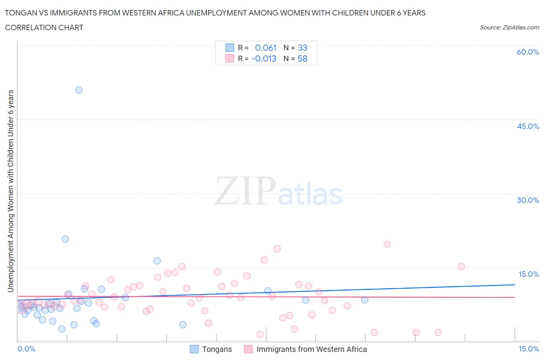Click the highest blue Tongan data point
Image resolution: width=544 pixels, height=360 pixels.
pyautogui.click(x=79, y=90)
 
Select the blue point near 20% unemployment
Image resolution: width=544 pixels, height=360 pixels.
pyautogui.click(x=65, y=239)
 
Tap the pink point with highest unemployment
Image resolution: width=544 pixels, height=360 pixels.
pyautogui.click(x=387, y=244)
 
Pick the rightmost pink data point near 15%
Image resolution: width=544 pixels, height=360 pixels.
pyautogui.click(x=461, y=266)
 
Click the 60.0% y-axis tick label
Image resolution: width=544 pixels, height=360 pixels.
pyautogui.click(x=528, y=52)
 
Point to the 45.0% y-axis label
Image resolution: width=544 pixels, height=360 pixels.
pyautogui.click(x=528, y=126)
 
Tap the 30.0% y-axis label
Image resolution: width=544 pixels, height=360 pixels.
pyautogui.click(x=528, y=200)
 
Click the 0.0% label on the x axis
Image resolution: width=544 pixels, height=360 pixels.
pyautogui.click(x=26, y=349)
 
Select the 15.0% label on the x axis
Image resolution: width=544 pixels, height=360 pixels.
pyautogui.click(x=529, y=349)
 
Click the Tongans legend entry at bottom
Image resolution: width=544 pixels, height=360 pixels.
pyautogui.click(x=217, y=349)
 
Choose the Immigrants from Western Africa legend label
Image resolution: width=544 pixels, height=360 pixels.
pyautogui.click(x=311, y=349)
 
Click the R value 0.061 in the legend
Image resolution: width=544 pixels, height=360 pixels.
pyautogui.click(x=265, y=48)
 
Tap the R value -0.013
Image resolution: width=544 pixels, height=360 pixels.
pyautogui.click(x=264, y=59)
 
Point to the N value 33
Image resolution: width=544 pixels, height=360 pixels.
pyautogui.click(x=303, y=48)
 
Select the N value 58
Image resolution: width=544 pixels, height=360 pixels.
pyautogui.click(x=303, y=59)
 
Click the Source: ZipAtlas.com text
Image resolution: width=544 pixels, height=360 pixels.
pyautogui.click(x=509, y=27)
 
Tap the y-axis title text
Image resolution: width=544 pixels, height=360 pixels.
pyautogui.click(x=10, y=191)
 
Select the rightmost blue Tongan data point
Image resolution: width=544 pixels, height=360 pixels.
pyautogui.click(x=364, y=300)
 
